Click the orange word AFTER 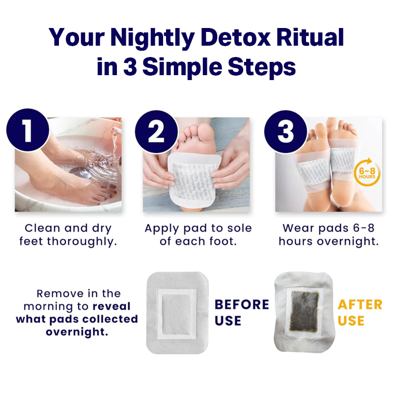[360, 305]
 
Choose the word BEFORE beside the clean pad [242, 305]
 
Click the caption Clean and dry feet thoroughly [68, 235]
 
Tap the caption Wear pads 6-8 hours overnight [328, 235]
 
